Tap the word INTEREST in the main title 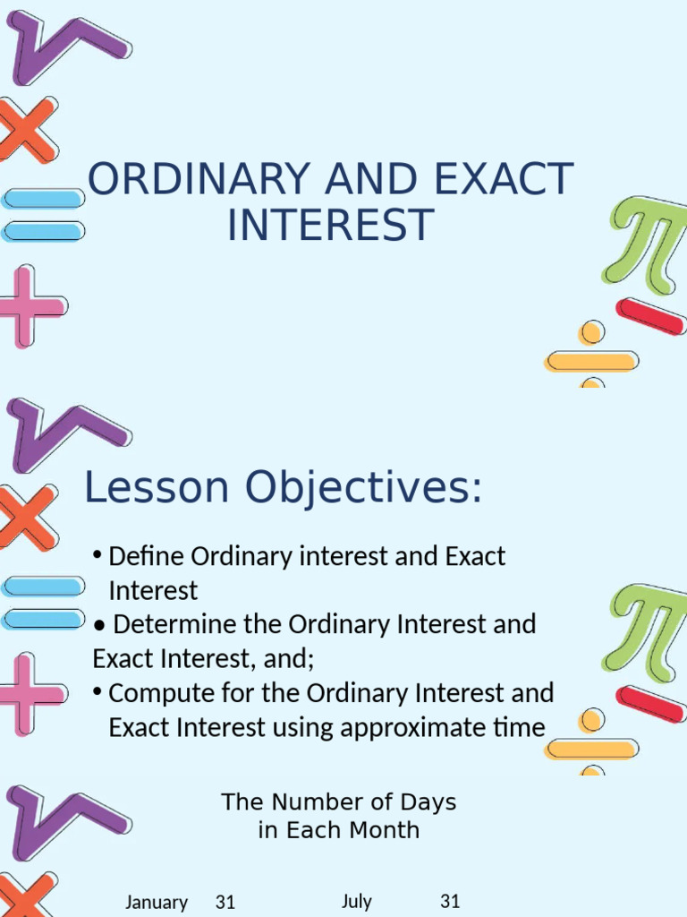pyautogui.click(x=330, y=225)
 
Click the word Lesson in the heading pyautogui.click(x=157, y=488)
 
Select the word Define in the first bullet pyautogui.click(x=147, y=556)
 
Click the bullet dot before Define pyautogui.click(x=97, y=556)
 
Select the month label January pyautogui.click(x=157, y=902)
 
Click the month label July pyautogui.click(x=356, y=901)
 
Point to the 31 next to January pyautogui.click(x=225, y=902)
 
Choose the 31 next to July pyautogui.click(x=450, y=901)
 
